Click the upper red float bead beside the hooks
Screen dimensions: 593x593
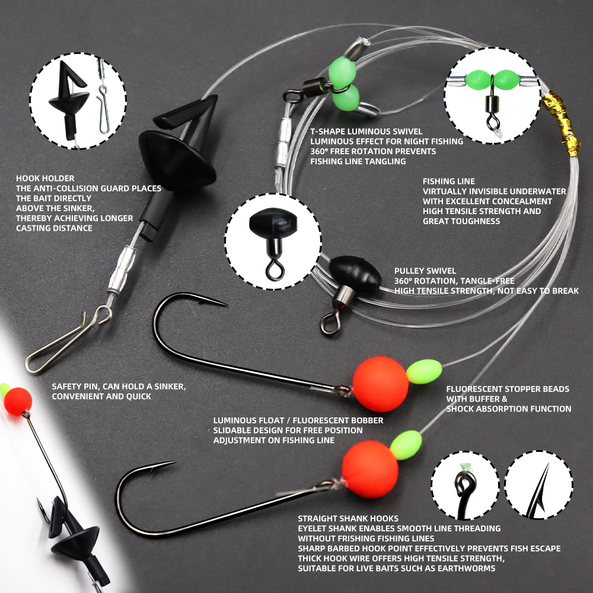tap(381, 384)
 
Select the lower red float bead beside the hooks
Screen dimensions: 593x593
tap(370, 469)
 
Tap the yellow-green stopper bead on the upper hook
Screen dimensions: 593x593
tap(424, 371)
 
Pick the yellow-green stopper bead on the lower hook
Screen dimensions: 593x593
tap(406, 445)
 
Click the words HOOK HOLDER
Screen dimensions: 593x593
tap(45, 178)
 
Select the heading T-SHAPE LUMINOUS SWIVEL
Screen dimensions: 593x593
tap(366, 131)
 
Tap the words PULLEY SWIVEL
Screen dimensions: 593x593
tap(425, 271)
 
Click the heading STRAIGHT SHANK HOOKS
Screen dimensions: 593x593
tap(348, 518)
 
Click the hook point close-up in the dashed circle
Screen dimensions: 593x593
tap(538, 485)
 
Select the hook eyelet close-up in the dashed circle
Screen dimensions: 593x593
tap(465, 485)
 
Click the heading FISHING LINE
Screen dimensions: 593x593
tap(448, 181)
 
